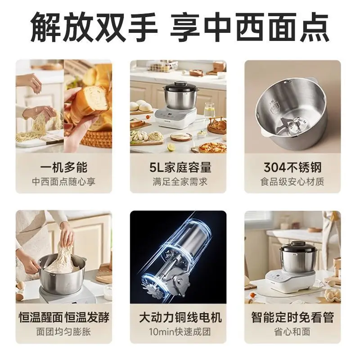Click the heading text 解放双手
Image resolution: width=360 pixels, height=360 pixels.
click(94, 27)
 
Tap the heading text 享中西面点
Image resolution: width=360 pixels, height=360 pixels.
click(250, 27)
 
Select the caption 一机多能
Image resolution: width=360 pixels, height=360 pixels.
click(63, 167)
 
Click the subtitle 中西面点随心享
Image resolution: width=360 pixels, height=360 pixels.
click(63, 182)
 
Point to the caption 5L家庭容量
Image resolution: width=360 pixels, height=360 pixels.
click(180, 167)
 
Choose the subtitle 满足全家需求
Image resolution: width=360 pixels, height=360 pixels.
click(180, 182)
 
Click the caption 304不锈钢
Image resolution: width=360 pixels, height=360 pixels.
click(292, 167)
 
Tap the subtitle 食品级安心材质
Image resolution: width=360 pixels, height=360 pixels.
click(292, 182)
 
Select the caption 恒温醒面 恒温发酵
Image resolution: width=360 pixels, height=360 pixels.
click(64, 317)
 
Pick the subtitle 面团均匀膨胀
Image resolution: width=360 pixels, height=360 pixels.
click(63, 332)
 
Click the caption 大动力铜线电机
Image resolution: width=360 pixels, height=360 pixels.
click(180, 317)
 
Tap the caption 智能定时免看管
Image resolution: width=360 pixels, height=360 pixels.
click(292, 317)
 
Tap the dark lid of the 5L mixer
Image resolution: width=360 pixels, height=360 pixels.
click(180, 87)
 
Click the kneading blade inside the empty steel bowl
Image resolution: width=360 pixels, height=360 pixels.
click(292, 125)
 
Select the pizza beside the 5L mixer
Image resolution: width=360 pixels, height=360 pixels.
click(212, 148)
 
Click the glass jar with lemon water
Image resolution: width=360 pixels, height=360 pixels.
click(209, 111)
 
